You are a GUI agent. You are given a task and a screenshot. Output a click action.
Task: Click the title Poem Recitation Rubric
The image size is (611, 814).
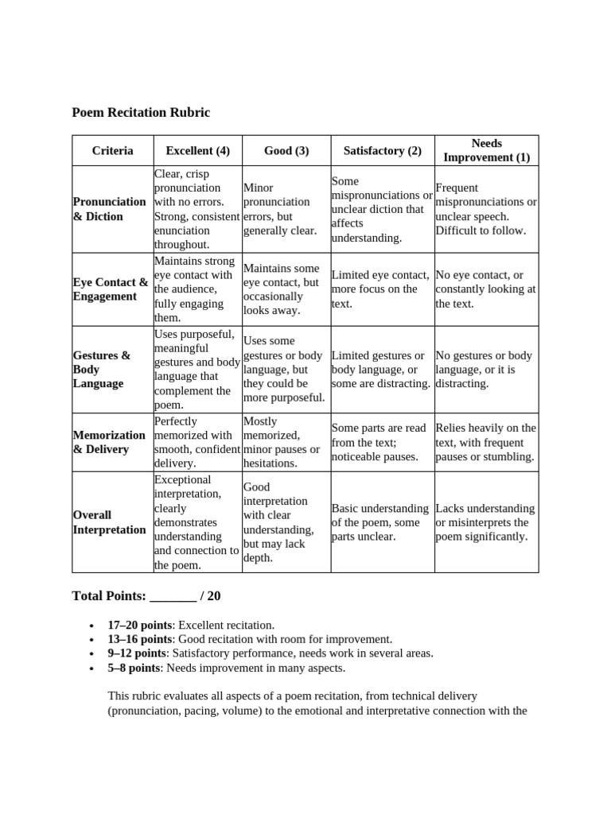pyautogui.click(x=141, y=113)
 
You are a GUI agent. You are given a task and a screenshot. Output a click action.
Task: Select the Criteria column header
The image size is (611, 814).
pyautogui.click(x=112, y=150)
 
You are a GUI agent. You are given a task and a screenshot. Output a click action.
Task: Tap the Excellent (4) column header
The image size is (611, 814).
pyautogui.click(x=197, y=150)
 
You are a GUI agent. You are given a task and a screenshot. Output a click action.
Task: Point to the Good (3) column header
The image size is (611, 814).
pyautogui.click(x=286, y=150)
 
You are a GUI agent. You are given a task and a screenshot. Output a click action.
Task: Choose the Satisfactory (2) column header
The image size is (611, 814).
pyautogui.click(x=382, y=150)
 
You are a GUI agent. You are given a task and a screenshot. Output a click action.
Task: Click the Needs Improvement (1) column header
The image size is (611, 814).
pyautogui.click(x=486, y=150)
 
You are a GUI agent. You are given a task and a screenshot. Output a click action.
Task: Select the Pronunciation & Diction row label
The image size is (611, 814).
pyautogui.click(x=109, y=209)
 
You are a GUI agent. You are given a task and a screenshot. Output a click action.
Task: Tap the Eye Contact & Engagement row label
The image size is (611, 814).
pyautogui.click(x=110, y=289)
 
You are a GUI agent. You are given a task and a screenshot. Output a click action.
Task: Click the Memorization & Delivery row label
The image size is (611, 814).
pyautogui.click(x=109, y=442)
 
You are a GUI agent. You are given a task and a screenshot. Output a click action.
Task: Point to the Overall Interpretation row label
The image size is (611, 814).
pyautogui.click(x=109, y=522)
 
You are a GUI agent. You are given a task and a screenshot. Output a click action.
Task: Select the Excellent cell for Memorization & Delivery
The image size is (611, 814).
pyautogui.click(x=197, y=442)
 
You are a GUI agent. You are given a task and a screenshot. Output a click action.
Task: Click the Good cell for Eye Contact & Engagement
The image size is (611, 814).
pyautogui.click(x=286, y=289)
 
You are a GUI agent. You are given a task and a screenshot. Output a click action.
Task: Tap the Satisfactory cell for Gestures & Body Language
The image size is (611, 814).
pyautogui.click(x=381, y=370)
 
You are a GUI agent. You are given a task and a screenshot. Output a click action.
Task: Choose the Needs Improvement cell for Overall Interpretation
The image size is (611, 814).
pyautogui.click(x=485, y=522)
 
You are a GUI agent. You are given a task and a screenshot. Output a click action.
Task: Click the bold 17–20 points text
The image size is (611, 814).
pyautogui.click(x=140, y=626)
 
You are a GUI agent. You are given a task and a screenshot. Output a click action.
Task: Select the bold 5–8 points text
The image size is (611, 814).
pyautogui.click(x=134, y=668)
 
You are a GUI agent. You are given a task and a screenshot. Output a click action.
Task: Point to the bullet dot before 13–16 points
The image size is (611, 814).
pyautogui.click(x=93, y=640)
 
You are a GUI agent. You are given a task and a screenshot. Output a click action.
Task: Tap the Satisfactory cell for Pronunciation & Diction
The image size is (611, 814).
pyautogui.click(x=382, y=209)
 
